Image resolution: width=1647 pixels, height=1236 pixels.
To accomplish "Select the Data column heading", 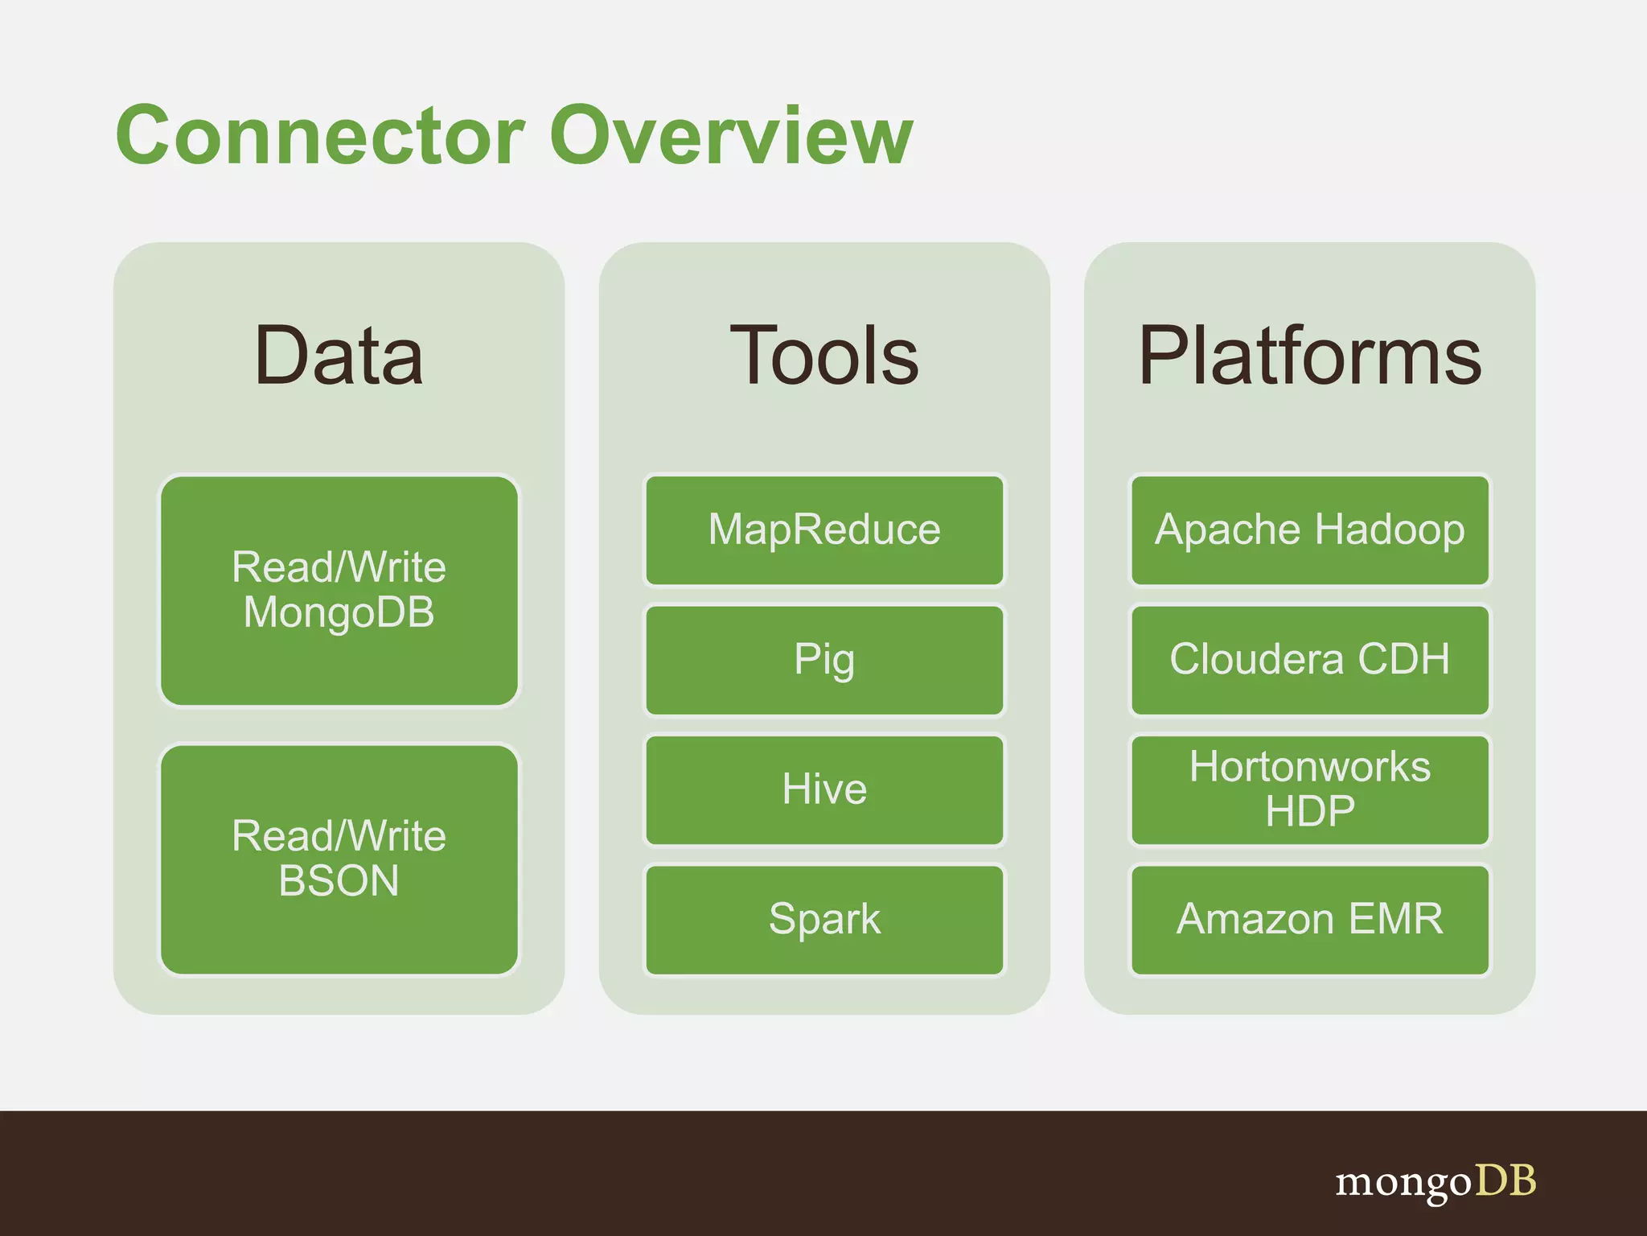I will point(339,356).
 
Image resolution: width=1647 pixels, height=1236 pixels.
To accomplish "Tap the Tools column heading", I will point(824,356).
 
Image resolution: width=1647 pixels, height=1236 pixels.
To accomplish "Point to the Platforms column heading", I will point(1309,356).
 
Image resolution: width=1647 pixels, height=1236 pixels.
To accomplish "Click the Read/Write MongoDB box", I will point(339,590).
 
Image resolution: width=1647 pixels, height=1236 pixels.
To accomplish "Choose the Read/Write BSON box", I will point(339,859).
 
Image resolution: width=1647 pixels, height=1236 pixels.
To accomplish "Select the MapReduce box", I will point(824,530).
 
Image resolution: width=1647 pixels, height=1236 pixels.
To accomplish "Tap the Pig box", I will point(824,660).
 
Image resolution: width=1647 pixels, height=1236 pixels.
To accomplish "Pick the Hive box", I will point(824,789).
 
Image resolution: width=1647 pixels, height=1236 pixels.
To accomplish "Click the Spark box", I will point(824,919).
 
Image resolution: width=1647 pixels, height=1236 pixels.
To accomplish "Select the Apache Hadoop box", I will point(1309,530).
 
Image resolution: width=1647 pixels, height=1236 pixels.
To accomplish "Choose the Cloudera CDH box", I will point(1309,660).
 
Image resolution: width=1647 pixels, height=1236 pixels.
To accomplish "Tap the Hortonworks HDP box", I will point(1309,789).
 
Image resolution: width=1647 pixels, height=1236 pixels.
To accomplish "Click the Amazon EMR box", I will point(1309,919).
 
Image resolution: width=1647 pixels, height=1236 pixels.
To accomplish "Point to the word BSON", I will point(339,880).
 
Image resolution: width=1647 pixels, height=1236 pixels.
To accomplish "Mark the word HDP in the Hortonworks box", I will point(1309,811).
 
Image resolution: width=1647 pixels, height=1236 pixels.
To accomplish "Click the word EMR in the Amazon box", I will point(1395,919).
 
